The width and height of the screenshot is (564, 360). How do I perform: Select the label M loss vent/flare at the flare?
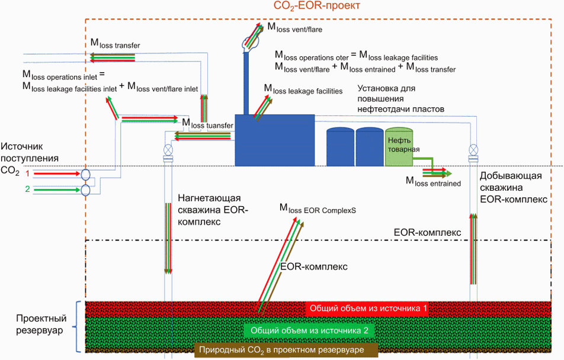pos(294,27)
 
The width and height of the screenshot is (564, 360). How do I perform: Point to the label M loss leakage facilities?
pos(303,91)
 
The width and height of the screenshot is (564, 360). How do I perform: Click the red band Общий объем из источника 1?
pos(366,308)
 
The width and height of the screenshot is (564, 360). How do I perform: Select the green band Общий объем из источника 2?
pos(310,330)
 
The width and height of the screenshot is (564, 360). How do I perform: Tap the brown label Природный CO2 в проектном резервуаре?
pos(280,350)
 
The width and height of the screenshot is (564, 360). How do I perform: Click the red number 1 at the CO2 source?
pos(27,174)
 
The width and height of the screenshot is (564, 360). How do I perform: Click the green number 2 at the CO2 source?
pos(27,189)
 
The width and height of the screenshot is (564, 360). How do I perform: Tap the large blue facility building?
pos(274,140)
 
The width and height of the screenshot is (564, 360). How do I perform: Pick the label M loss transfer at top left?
pos(115,44)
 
